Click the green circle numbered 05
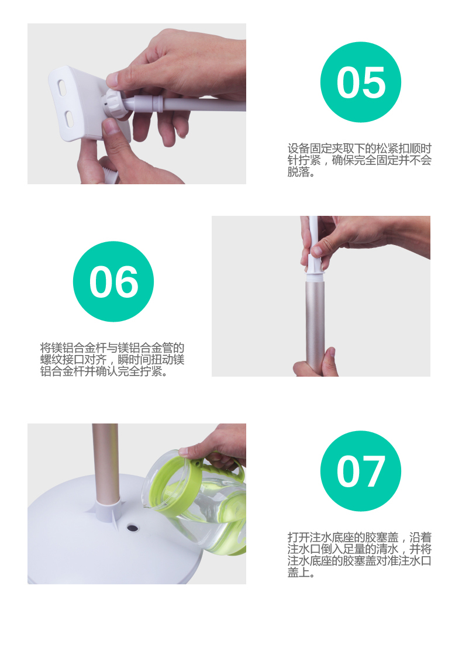(x=361, y=82)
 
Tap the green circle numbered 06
(x=113, y=281)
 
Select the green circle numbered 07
(x=361, y=471)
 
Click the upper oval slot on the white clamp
(x=63, y=88)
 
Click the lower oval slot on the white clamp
(x=69, y=119)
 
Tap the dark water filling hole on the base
(x=132, y=528)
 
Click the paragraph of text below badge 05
(x=360, y=160)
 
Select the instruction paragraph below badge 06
(x=112, y=359)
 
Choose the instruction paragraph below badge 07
(x=360, y=554)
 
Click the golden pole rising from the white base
(x=105, y=461)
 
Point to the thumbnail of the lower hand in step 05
(x=111, y=126)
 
